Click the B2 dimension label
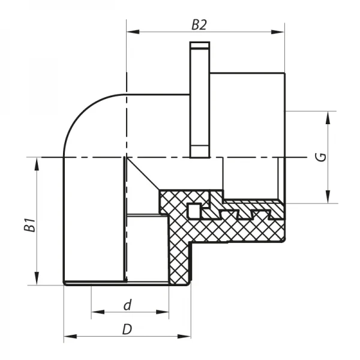(199, 25)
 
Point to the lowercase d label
(127, 305)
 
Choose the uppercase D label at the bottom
(127, 329)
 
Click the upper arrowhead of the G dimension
(328, 116)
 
